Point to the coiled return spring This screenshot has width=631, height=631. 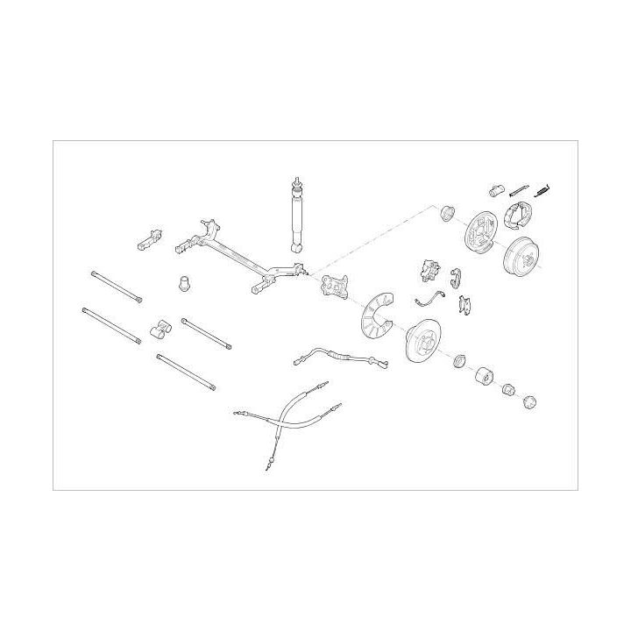click(543, 188)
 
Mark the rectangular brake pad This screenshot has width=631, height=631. click(465, 303)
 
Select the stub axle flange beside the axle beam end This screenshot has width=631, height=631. click(334, 287)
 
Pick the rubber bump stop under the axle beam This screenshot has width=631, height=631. click(185, 282)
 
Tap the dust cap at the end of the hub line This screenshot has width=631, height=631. click(528, 401)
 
